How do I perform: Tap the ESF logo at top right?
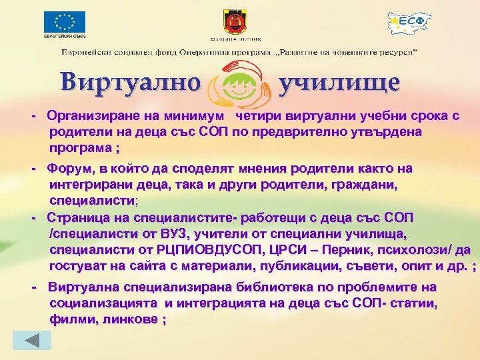point(409,23)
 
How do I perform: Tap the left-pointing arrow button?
point(33,340)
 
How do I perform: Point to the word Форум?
point(71,169)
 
